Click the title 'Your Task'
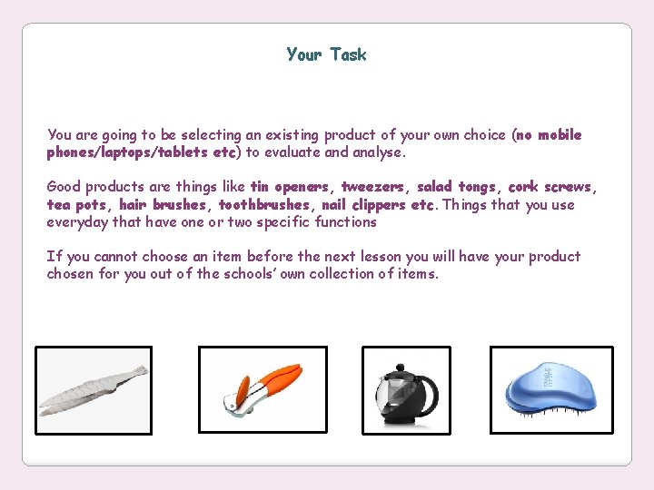click(326, 55)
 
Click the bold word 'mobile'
click(560, 135)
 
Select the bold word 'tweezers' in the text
click(374, 187)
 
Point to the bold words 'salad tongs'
click(456, 187)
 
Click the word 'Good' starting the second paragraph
click(64, 187)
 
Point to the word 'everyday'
click(77, 222)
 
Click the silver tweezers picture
click(94, 391)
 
